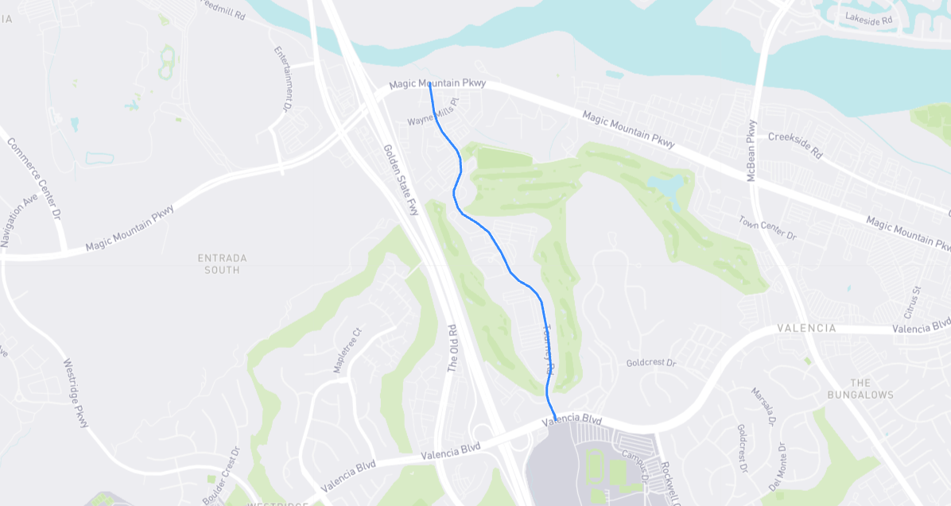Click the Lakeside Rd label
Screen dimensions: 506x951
pos(874,19)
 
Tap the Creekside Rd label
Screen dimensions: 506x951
pos(794,145)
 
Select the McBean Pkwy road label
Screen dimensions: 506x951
pos(751,151)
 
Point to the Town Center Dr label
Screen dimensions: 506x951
pos(767,228)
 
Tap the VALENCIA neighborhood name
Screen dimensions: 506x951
pos(805,328)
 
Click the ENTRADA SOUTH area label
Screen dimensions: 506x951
pos(222,264)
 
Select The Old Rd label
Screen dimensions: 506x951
pos(452,348)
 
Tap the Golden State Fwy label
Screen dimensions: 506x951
pos(400,180)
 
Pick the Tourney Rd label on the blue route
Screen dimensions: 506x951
pos(548,350)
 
